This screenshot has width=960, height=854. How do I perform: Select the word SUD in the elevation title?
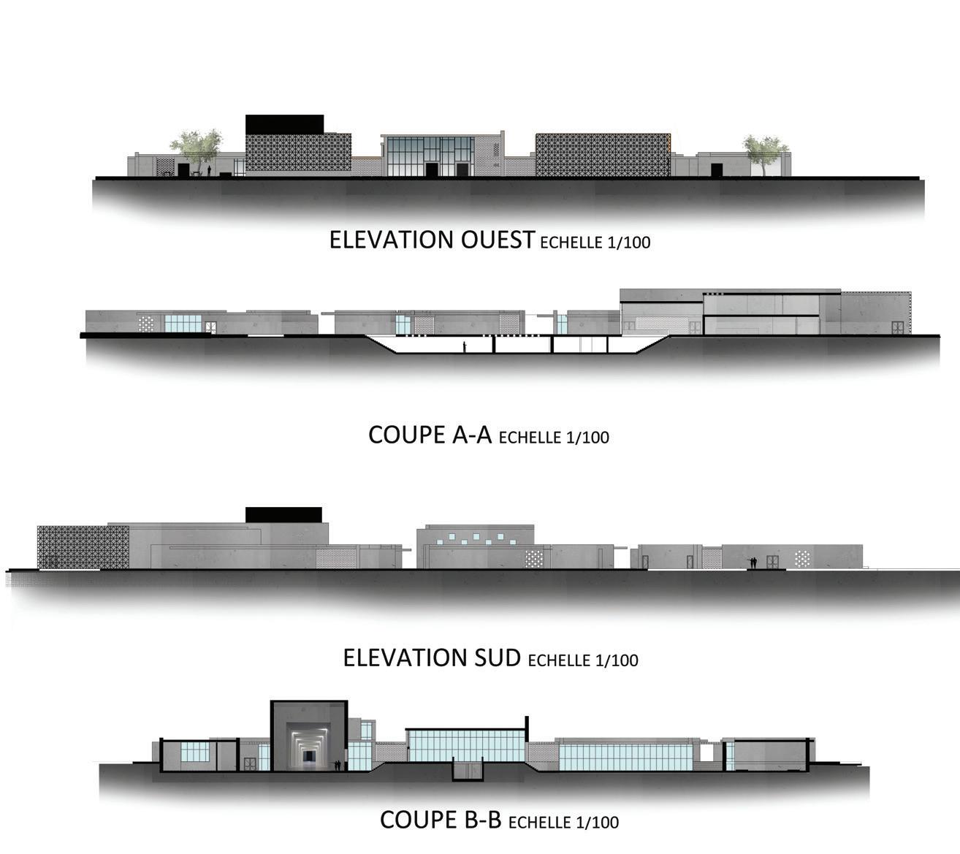click(493, 657)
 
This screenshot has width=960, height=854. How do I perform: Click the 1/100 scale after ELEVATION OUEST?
click(628, 243)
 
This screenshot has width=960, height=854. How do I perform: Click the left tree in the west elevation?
click(196, 148)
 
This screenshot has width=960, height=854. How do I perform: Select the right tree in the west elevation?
click(765, 150)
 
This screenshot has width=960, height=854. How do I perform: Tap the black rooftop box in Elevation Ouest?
click(284, 123)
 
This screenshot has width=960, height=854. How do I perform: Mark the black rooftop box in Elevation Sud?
click(283, 514)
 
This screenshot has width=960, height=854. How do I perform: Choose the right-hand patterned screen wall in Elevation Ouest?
click(603, 154)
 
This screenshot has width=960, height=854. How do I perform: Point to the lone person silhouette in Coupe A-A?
click(464, 347)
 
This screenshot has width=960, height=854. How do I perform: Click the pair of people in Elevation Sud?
click(753, 563)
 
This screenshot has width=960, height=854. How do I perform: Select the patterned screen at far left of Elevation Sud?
click(82, 547)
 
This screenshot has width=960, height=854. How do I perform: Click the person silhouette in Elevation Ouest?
click(209, 171)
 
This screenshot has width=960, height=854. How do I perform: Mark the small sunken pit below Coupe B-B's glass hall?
click(468, 769)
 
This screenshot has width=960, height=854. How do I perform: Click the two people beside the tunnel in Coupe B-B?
click(337, 765)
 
